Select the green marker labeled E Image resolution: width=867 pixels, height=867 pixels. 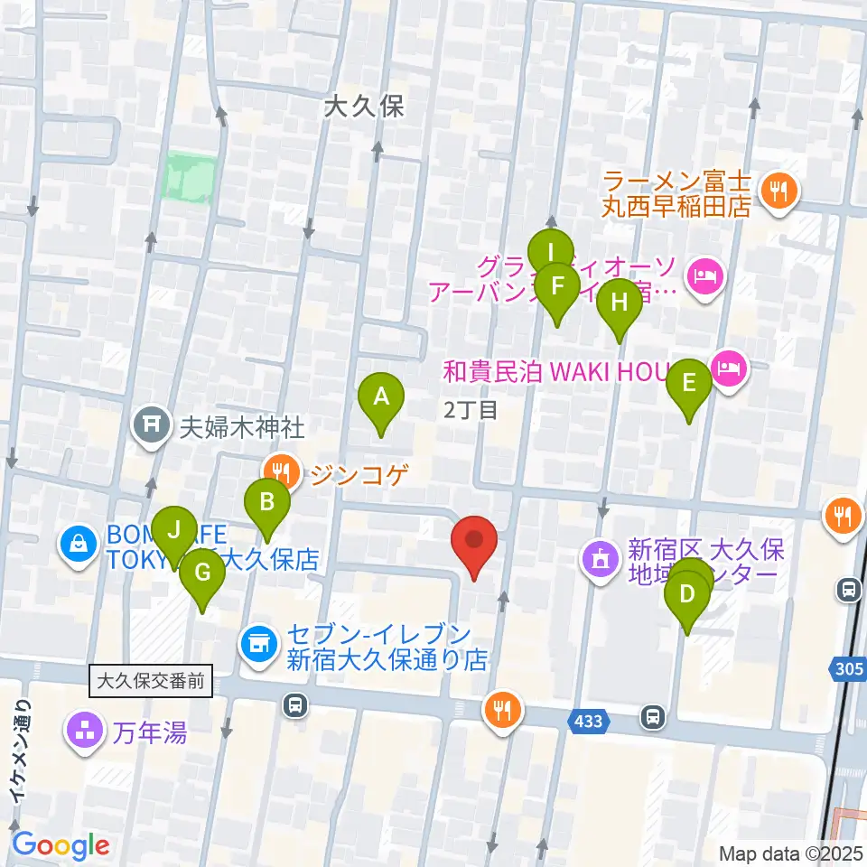click(x=689, y=384)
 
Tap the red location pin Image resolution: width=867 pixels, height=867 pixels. click(x=474, y=541)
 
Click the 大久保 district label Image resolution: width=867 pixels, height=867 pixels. click(x=365, y=107)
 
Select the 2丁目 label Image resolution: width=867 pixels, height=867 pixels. click(x=471, y=410)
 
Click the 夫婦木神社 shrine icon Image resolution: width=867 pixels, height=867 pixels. click(x=151, y=424)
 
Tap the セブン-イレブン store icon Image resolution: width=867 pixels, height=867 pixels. click(x=258, y=643)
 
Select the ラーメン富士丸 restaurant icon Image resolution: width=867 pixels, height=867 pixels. click(x=777, y=191)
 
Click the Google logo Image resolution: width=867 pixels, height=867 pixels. click(x=61, y=845)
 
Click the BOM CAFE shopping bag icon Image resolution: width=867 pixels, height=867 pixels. click(x=79, y=545)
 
